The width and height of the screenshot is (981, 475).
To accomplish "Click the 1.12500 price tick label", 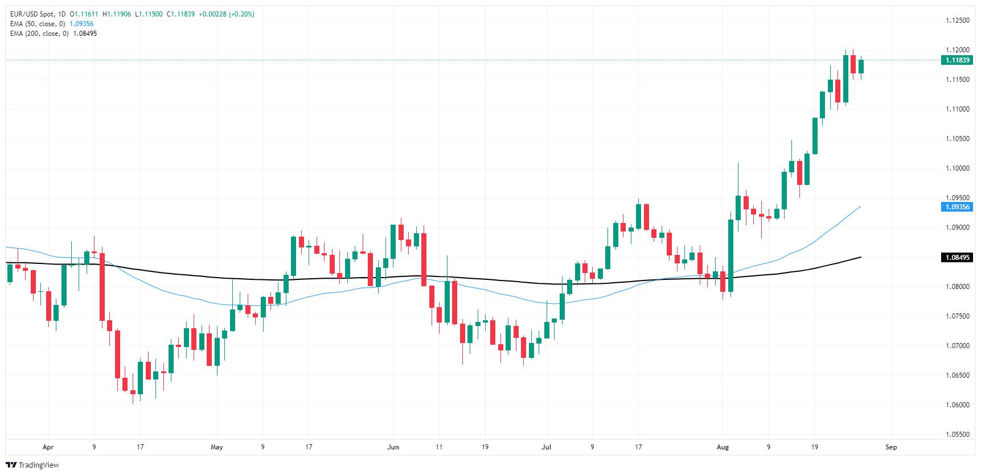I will (957, 20).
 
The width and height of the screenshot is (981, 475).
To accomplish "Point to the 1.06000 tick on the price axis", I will (957, 405).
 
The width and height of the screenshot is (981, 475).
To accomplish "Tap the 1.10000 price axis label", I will (957, 168).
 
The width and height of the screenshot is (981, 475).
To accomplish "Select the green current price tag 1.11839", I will (957, 60).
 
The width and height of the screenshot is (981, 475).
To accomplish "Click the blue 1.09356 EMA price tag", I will (957, 207).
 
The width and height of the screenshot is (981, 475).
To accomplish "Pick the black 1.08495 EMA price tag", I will (957, 258).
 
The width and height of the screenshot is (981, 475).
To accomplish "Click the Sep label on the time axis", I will (891, 447).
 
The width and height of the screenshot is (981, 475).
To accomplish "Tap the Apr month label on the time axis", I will (48, 447).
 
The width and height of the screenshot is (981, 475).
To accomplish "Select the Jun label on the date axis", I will (393, 447).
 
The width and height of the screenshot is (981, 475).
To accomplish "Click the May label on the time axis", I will (216, 447).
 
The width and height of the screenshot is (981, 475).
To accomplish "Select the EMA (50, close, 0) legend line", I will (38, 24).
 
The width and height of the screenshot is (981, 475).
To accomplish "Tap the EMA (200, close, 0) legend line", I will (39, 34).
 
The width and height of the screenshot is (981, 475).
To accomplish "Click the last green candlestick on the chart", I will (861, 67).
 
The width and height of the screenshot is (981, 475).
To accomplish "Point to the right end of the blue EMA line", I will (860, 206).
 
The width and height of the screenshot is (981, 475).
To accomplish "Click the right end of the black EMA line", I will (860, 257).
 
